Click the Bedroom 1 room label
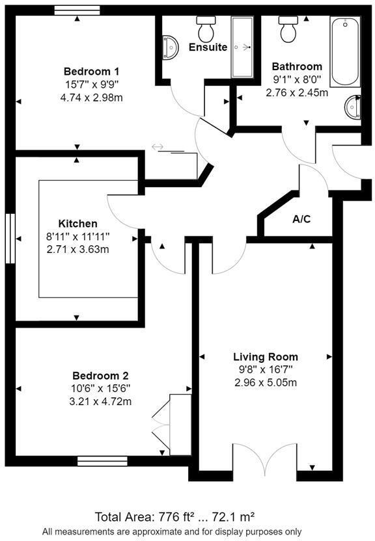point(91,71)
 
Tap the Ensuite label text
point(208,47)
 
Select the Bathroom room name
point(297,66)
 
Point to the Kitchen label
point(77,224)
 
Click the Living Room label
point(266,357)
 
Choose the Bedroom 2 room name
point(100,376)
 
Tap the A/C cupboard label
point(301,219)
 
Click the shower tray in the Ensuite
point(242,47)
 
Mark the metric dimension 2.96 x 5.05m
point(266,382)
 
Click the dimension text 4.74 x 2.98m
point(91,98)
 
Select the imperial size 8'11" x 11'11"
point(77,237)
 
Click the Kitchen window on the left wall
point(10,239)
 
